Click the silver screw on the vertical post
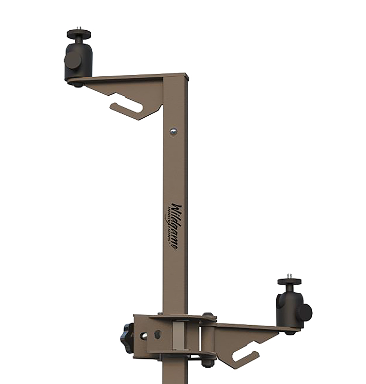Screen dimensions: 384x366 point(173,132)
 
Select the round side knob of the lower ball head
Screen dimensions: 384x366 point(304,312)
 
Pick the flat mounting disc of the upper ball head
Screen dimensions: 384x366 point(79,34)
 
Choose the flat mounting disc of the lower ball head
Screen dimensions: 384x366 point(290,282)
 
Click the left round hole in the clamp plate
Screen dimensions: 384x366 point(144,336)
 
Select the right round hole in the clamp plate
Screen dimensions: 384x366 point(157,334)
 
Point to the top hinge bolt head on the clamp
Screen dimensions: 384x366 point(207,316)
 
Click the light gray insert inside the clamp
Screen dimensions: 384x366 point(178,336)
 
